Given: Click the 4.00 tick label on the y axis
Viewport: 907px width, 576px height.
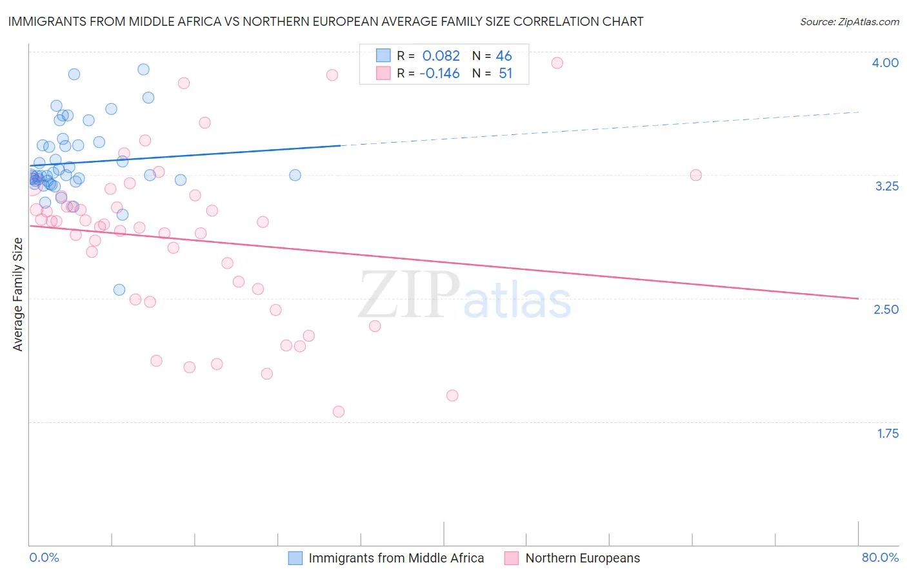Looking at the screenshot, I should coord(885,63).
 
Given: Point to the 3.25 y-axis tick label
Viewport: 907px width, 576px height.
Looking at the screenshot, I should coord(886,186).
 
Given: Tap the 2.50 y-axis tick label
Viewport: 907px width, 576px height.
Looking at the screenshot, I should coord(886,309).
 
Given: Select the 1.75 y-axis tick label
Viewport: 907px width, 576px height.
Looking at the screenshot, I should coord(888,433).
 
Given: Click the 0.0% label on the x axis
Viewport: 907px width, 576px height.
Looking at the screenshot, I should coord(44,557).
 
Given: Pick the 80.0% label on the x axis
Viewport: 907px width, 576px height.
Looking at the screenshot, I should coord(880,557).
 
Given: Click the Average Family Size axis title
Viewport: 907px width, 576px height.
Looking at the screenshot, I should coord(18,294).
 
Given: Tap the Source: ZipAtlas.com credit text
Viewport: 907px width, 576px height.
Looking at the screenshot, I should coord(849,22).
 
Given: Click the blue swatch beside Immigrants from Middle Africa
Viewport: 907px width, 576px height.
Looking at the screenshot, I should coord(295,558).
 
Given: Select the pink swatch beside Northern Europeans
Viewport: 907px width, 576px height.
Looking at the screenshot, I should coord(512,558).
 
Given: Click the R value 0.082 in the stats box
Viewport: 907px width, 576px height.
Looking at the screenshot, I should coord(441,56).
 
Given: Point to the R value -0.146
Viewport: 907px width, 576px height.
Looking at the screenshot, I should coord(439,74).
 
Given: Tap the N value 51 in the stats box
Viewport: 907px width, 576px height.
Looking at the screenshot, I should coord(505,74).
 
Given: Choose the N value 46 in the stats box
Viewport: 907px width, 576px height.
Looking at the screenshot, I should coord(504,56).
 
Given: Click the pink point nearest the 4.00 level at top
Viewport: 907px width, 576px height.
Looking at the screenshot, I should coord(557,63).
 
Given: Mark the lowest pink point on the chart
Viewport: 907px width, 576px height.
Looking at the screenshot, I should coord(339,411).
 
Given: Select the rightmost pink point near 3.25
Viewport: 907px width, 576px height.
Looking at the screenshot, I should coord(695,175).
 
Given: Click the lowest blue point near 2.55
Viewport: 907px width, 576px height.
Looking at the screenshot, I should coord(119,290).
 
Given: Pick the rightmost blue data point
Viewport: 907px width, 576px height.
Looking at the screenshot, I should coord(295,175).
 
